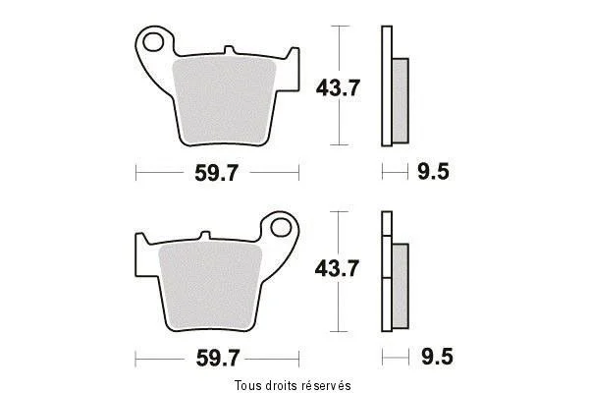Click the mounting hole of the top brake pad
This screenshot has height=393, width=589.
click(153, 41)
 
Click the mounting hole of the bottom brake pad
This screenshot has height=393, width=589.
click(281, 227)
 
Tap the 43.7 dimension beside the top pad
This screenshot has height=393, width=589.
click(338, 88)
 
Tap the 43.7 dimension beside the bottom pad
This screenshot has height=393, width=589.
click(337, 268)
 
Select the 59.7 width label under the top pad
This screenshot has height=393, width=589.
click(216, 173)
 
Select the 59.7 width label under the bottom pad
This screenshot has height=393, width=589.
click(218, 358)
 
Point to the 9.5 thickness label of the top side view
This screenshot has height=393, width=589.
click(433, 172)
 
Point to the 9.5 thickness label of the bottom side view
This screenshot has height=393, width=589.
click(437, 356)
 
